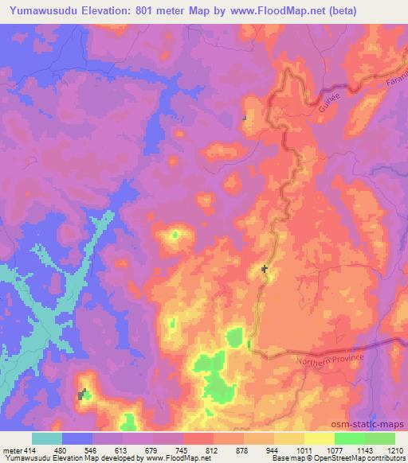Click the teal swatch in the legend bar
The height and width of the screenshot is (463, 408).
click(x=47, y=438)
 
